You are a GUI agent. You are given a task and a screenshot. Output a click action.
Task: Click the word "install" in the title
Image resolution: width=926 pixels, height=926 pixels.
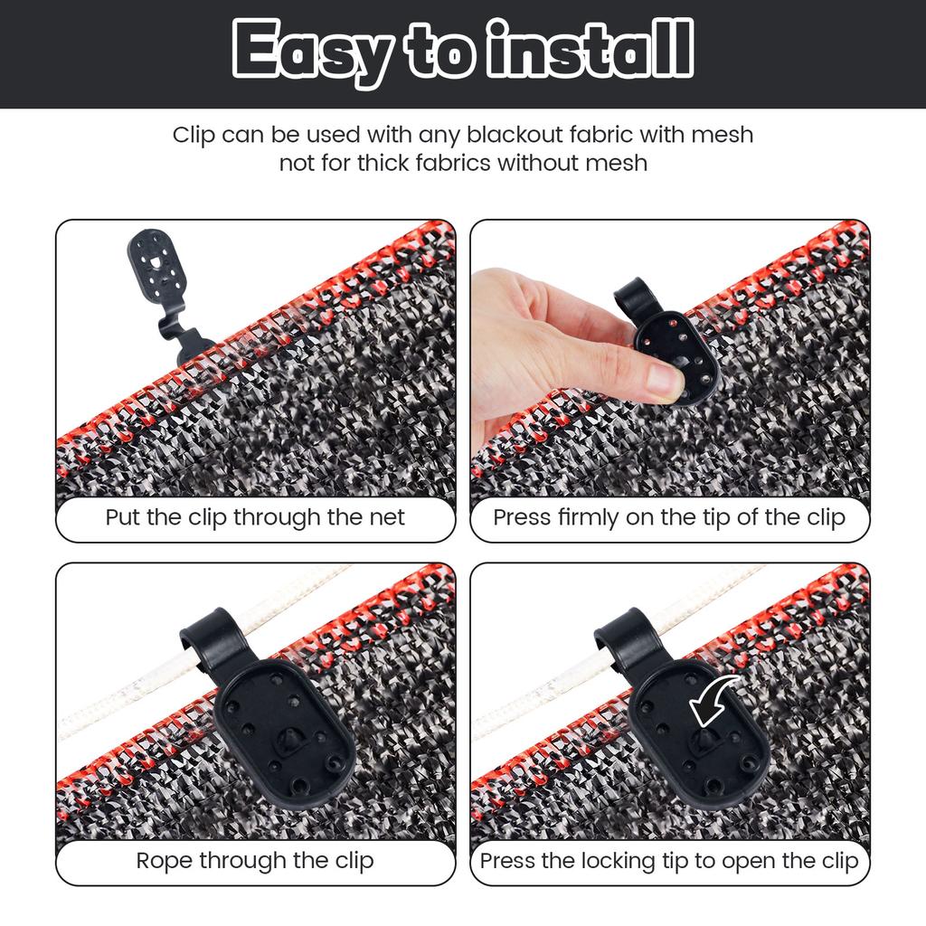coord(591,49)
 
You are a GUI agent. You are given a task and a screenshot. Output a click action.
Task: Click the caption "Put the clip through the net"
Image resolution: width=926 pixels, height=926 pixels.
coord(255,517)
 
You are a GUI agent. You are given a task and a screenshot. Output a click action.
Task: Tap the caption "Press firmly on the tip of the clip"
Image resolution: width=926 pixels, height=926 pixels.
coord(669,517)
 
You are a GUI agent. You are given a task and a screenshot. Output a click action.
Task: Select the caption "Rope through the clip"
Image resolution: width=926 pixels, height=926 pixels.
coord(255,861)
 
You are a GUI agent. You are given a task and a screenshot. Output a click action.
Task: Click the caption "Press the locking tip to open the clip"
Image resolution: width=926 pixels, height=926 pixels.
coord(669,861)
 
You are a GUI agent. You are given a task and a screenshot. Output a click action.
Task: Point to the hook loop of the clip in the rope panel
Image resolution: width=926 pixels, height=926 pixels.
coord(210,641)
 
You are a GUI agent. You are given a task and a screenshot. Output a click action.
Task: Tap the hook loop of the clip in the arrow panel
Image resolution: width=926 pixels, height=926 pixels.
coord(624,641)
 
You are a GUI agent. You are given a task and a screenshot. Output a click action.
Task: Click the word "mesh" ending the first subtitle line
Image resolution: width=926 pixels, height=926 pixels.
coord(723,134)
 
